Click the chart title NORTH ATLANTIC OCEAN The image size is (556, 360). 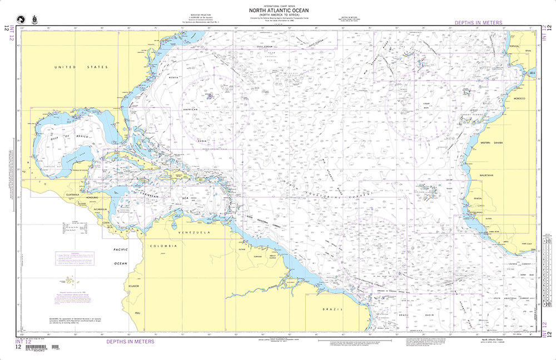click(279, 10)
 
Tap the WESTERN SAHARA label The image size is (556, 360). click(492, 143)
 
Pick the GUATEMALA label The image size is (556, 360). click(72, 195)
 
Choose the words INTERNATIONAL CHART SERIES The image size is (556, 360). click(279, 5)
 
